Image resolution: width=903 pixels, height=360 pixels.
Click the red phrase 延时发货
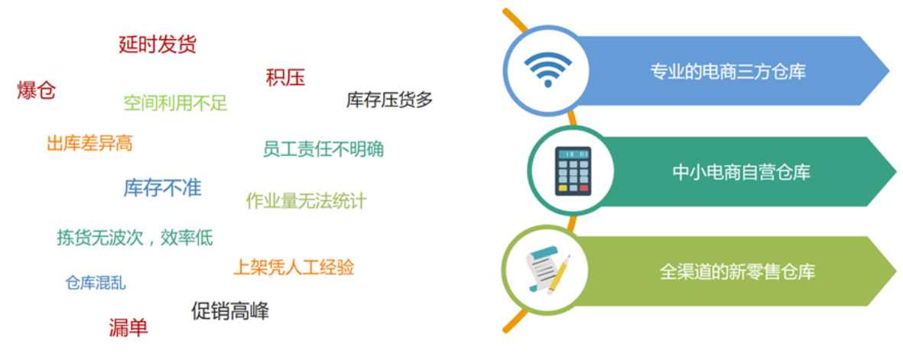tap(158, 44)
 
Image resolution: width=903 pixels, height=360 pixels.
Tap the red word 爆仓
tap(36, 90)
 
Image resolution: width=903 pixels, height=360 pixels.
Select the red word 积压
tap(285, 77)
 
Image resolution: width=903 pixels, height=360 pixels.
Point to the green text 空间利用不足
tap(176, 103)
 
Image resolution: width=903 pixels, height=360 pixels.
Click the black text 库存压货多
tap(389, 99)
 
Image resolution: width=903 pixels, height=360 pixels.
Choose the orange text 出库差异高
tap(89, 143)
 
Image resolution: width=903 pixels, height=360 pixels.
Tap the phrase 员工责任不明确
tap(323, 149)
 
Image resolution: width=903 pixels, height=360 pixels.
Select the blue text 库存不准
tap(162, 188)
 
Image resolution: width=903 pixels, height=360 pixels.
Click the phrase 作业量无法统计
tap(307, 201)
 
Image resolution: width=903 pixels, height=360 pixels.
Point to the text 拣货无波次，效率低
tap(135, 237)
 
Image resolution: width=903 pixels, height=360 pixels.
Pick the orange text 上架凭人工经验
tap(294, 268)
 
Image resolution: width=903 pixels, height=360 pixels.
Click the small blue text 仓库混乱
tap(96, 283)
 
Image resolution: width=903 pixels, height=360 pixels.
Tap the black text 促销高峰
tap(230, 311)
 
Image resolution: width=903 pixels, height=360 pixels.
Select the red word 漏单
tap(128, 328)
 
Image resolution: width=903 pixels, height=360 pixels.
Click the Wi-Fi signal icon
tap(547, 70)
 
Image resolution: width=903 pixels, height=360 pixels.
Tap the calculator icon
tap(573, 171)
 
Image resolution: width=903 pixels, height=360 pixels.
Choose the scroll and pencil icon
tap(547, 271)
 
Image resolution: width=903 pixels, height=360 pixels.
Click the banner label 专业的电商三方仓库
tap(728, 72)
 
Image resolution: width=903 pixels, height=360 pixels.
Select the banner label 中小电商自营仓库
tap(741, 172)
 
